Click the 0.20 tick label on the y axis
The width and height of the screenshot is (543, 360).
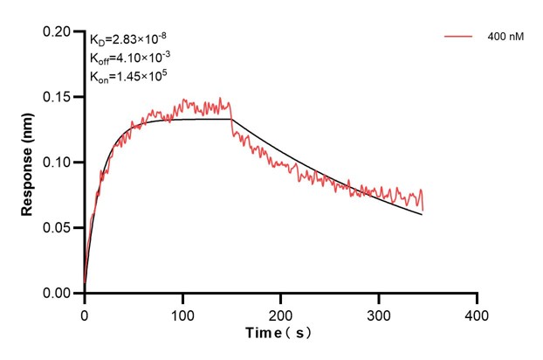tap(58, 31)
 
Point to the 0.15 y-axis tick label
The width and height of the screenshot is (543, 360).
tap(58, 97)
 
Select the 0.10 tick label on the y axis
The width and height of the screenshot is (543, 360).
tap(58, 163)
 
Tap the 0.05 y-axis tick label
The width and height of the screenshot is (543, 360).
tap(58, 228)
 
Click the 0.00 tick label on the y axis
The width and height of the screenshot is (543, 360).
tap(58, 294)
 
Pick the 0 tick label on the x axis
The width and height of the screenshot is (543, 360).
tap(84, 313)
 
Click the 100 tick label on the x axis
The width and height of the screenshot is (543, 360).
tap(182, 313)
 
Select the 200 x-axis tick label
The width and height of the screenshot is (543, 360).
tap(280, 313)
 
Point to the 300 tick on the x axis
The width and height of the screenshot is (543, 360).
tap(379, 313)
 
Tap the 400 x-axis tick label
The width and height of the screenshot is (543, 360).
tap(477, 313)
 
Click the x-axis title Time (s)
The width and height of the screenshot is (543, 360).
tap(278, 334)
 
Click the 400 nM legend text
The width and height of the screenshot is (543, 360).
tap(505, 37)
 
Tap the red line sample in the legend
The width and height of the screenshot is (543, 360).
tap(458, 37)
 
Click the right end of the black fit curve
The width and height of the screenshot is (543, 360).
tap(423, 214)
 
